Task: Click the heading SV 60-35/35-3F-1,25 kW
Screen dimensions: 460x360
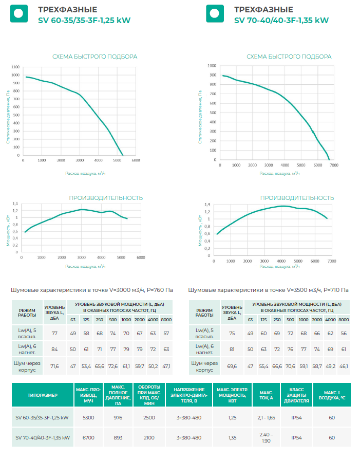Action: click(x=84, y=21)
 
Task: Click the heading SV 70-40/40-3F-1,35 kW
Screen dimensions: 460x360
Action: click(x=281, y=21)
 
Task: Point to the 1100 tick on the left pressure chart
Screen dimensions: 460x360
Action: click(x=15, y=67)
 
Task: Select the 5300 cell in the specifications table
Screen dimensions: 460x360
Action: click(x=88, y=418)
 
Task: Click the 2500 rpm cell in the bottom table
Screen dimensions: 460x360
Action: click(x=148, y=418)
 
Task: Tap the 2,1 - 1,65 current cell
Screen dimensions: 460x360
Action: click(x=266, y=418)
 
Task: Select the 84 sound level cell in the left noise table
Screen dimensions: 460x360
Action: click(x=54, y=349)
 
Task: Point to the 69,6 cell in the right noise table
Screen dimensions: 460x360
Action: click(x=232, y=367)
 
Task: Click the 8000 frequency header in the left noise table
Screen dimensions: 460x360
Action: click(x=166, y=320)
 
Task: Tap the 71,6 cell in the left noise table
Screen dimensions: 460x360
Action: click(x=54, y=367)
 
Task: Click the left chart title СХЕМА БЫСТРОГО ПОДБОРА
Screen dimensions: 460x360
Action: click(x=94, y=57)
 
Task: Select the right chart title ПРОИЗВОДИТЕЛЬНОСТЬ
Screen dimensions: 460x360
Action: click(x=297, y=198)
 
